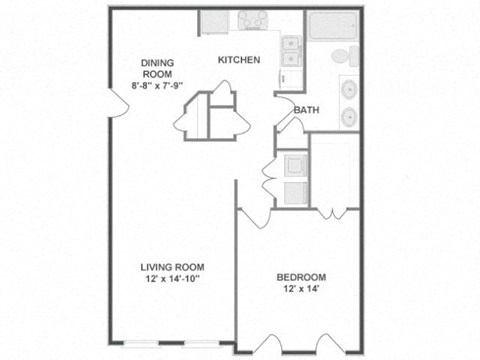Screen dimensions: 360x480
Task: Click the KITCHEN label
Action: click(x=239, y=60)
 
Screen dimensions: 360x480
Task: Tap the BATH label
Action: click(x=306, y=111)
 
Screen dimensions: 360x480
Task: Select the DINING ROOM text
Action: click(x=157, y=67)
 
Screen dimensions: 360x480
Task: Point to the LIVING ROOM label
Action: click(x=172, y=267)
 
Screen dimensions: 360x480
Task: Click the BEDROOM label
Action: click(x=301, y=277)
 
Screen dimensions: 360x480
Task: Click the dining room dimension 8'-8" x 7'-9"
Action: click(x=157, y=85)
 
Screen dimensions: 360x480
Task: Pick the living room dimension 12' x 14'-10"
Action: click(x=172, y=280)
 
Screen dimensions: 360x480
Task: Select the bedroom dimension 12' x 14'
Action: click(x=301, y=290)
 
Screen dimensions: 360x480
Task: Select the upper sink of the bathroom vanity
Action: click(x=349, y=89)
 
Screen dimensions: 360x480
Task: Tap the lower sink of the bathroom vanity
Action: click(x=349, y=116)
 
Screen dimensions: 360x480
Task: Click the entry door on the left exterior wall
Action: click(x=117, y=103)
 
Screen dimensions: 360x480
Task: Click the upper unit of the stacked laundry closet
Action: click(x=295, y=165)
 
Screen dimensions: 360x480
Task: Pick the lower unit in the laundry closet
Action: click(x=295, y=193)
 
